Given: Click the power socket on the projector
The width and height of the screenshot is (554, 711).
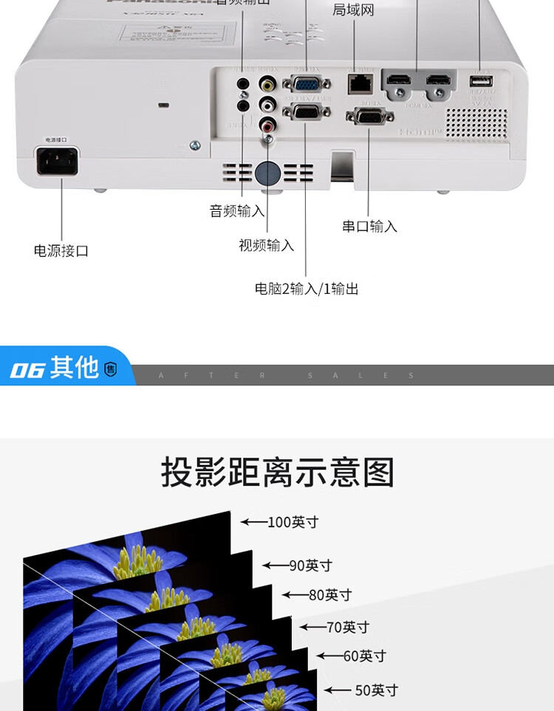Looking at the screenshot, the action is pyautogui.click(x=57, y=160).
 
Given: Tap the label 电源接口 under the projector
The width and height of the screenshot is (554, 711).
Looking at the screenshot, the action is pyautogui.click(x=61, y=251).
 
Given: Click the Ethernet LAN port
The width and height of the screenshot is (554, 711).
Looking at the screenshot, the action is pyautogui.click(x=359, y=81).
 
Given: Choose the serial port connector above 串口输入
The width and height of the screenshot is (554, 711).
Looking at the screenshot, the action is pyautogui.click(x=369, y=116).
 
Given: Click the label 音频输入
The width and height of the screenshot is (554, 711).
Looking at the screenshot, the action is pyautogui.click(x=237, y=211).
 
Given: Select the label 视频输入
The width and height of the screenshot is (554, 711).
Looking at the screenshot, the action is pyautogui.click(x=266, y=245).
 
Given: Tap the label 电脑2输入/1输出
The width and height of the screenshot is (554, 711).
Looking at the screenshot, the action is pyautogui.click(x=307, y=289).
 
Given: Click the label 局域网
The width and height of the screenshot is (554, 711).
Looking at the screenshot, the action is pyautogui.click(x=353, y=10).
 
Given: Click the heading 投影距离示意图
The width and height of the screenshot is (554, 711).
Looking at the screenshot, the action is pyautogui.click(x=278, y=473).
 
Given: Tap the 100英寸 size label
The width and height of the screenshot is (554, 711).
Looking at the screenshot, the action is pyautogui.click(x=293, y=522).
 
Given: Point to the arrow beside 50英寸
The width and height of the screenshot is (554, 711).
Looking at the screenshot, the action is pyautogui.click(x=338, y=690).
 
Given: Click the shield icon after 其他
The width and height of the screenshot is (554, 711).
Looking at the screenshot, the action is pyautogui.click(x=111, y=368).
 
